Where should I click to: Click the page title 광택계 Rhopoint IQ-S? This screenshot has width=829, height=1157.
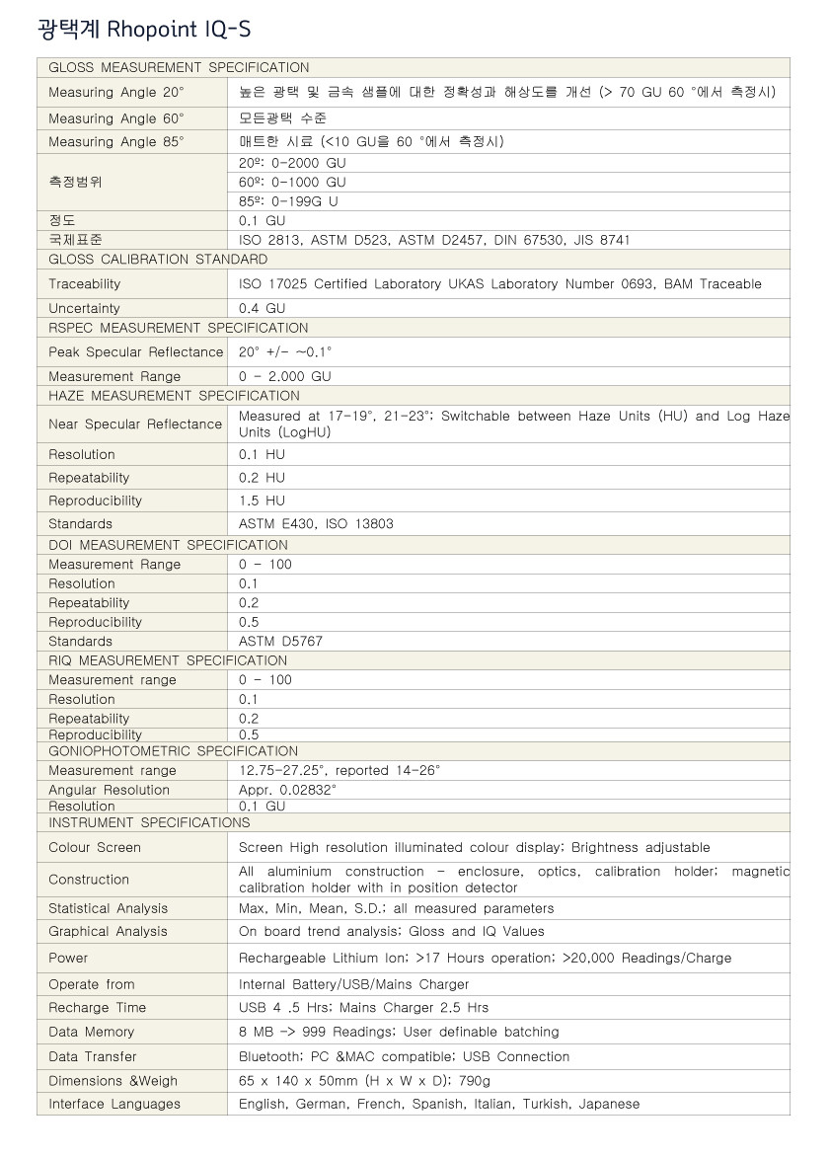click(144, 30)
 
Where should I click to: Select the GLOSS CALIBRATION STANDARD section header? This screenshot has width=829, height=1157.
click(158, 260)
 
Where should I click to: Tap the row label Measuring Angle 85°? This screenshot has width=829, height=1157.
click(116, 142)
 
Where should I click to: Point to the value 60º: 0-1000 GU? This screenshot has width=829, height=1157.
click(292, 183)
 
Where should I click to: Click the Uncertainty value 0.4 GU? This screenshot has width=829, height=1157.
click(262, 308)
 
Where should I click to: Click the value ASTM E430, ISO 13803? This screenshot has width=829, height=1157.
click(316, 524)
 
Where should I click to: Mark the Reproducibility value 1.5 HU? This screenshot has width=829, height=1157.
click(262, 501)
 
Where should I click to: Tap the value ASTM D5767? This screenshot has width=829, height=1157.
click(280, 642)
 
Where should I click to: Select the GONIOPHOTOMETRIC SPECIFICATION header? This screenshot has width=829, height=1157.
click(173, 751)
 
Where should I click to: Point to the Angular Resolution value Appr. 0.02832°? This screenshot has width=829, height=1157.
click(287, 790)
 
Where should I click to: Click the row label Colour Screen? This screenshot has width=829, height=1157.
click(95, 848)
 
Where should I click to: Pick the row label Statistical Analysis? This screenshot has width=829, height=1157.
click(109, 909)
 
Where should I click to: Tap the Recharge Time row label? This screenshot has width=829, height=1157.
click(97, 1008)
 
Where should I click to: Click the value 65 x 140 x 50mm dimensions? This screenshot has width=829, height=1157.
click(365, 1081)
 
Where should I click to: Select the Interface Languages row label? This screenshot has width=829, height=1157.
click(114, 1105)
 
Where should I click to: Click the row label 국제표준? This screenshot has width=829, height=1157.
click(75, 240)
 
